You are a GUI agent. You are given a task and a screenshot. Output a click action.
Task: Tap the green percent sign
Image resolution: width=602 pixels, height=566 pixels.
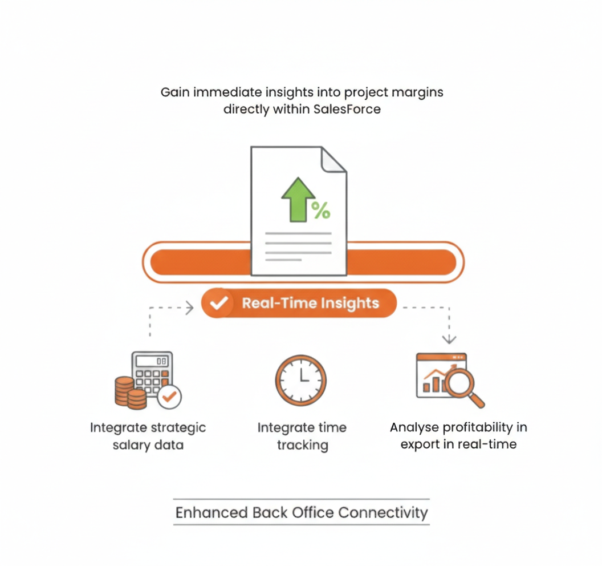pyautogui.click(x=321, y=211)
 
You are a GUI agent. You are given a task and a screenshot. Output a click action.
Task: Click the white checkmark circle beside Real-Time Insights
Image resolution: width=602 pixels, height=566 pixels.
pyautogui.click(x=217, y=303)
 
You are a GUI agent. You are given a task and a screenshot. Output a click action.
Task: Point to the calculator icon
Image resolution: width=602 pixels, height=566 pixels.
pyautogui.click(x=152, y=371)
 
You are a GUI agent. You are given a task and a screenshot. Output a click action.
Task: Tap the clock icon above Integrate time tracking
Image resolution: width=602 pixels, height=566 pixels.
pyautogui.click(x=301, y=380)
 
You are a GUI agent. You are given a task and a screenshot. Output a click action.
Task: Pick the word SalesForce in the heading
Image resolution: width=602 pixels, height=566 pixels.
pyautogui.click(x=347, y=108)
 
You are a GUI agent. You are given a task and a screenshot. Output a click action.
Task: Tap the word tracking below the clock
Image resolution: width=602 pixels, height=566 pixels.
pyautogui.click(x=302, y=445)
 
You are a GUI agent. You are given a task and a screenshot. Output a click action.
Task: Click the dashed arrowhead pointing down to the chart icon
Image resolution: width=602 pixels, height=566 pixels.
pyautogui.click(x=449, y=339)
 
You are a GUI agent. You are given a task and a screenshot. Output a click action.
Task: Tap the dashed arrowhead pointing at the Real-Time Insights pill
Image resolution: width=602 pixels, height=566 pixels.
pyautogui.click(x=189, y=308)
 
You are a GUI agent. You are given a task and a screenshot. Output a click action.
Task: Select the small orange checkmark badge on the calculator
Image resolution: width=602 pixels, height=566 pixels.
pyautogui.click(x=169, y=396)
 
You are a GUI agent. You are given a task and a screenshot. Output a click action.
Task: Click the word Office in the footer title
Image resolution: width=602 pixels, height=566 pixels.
pyautogui.click(x=313, y=512)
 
